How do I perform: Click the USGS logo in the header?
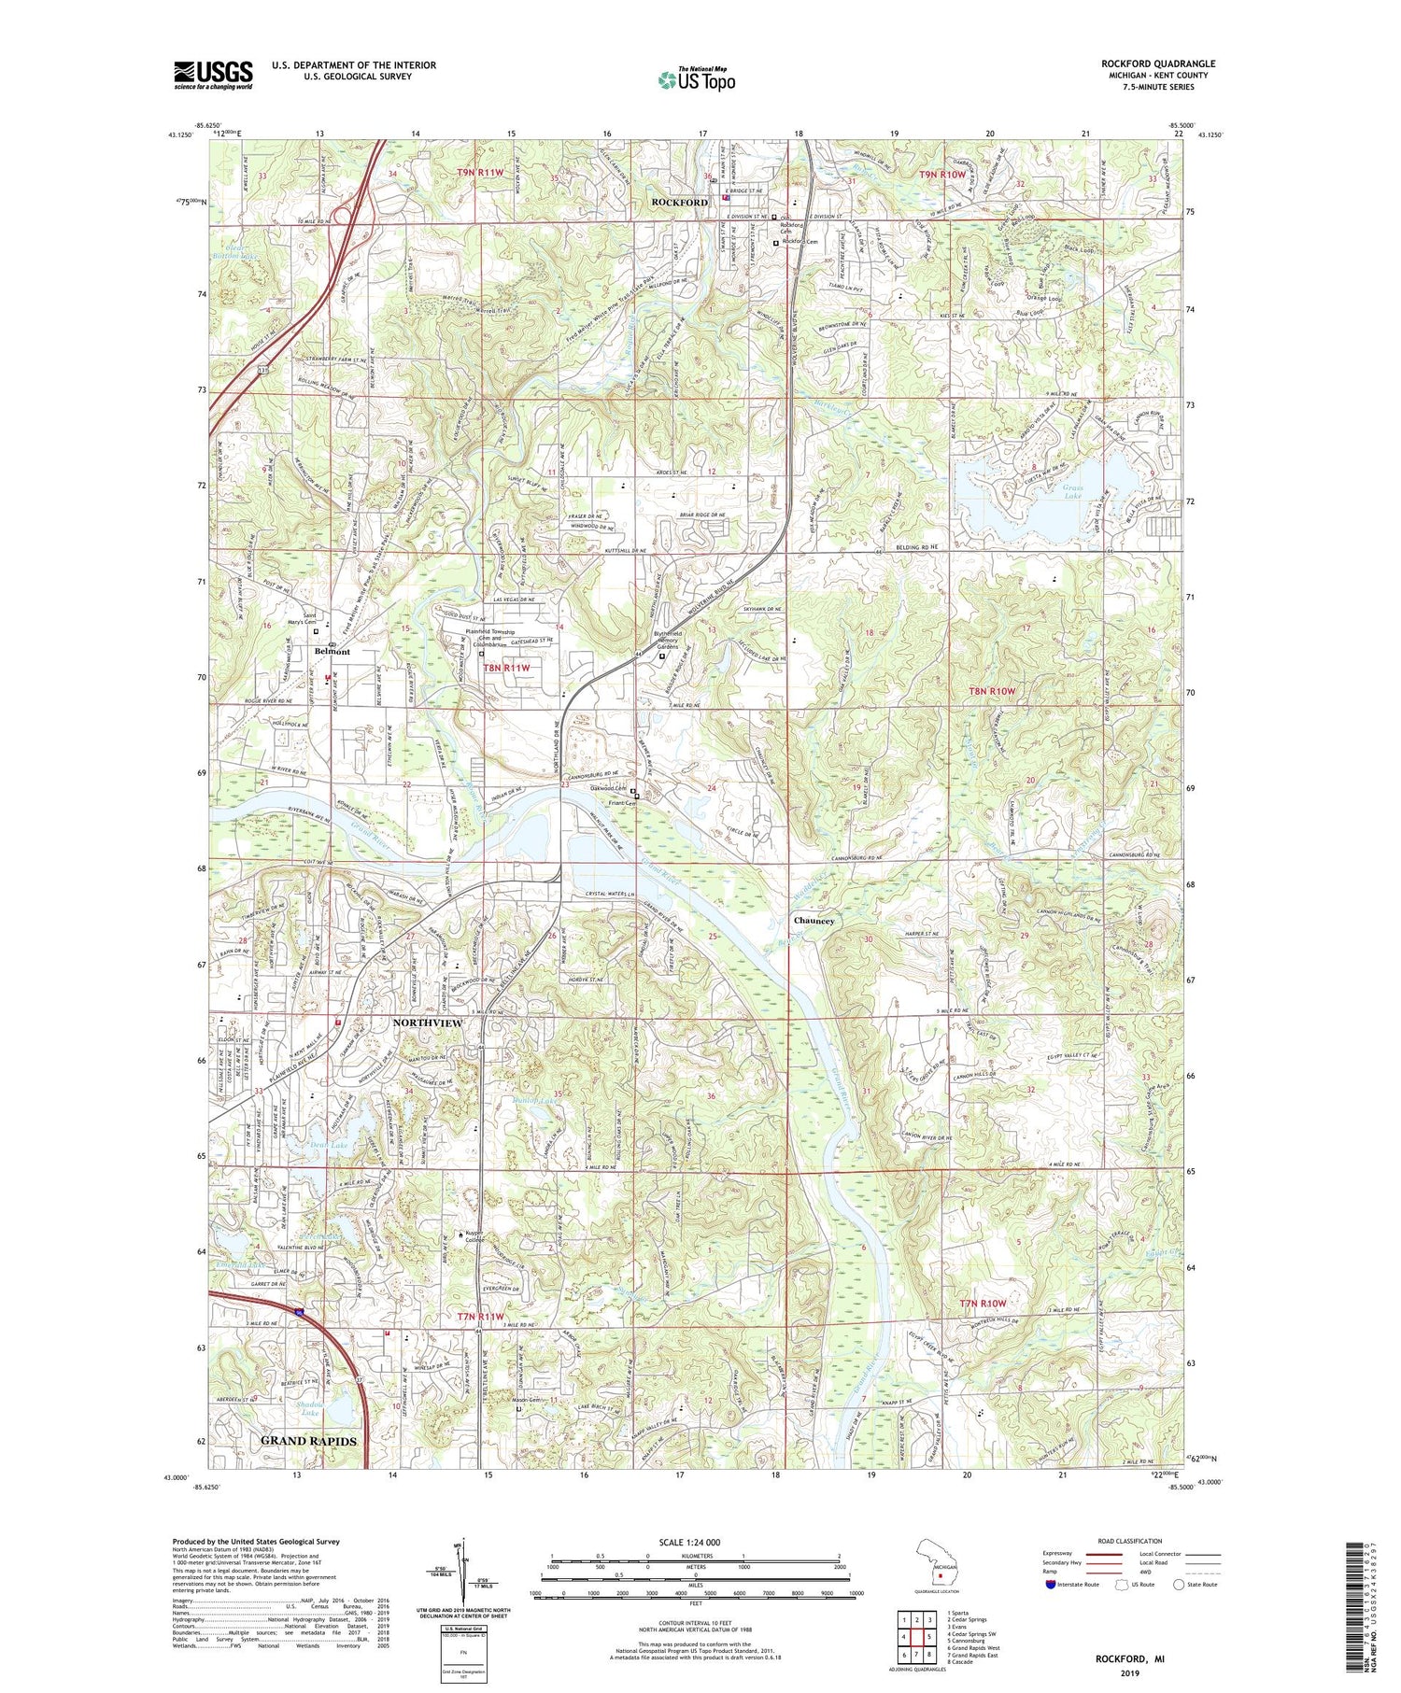click(x=213, y=75)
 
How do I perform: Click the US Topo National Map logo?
click(x=695, y=79)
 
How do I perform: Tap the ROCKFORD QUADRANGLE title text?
click(x=1157, y=64)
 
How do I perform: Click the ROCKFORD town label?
click(x=680, y=203)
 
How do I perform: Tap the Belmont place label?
click(x=333, y=651)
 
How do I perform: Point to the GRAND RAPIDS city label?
click(x=308, y=1441)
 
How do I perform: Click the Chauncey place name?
click(x=814, y=921)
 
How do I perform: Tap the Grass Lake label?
click(x=1072, y=491)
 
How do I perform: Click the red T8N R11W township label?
click(x=506, y=668)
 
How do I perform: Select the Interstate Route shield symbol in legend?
click(x=1050, y=1585)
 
